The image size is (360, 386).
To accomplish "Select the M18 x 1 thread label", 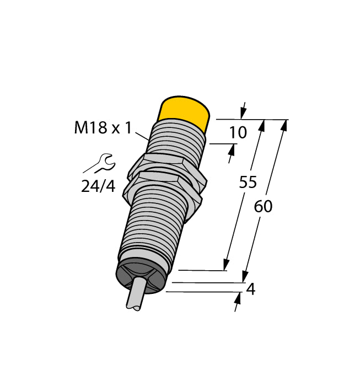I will coord(103,129).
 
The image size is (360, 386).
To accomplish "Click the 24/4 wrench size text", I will coord(98,186).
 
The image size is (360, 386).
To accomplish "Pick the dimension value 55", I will coord(248,183).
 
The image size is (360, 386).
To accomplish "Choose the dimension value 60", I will coord(263,206).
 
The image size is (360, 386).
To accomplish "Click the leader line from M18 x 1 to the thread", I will coord(141,134).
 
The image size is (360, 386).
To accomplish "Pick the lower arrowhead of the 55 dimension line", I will coord(225,265).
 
